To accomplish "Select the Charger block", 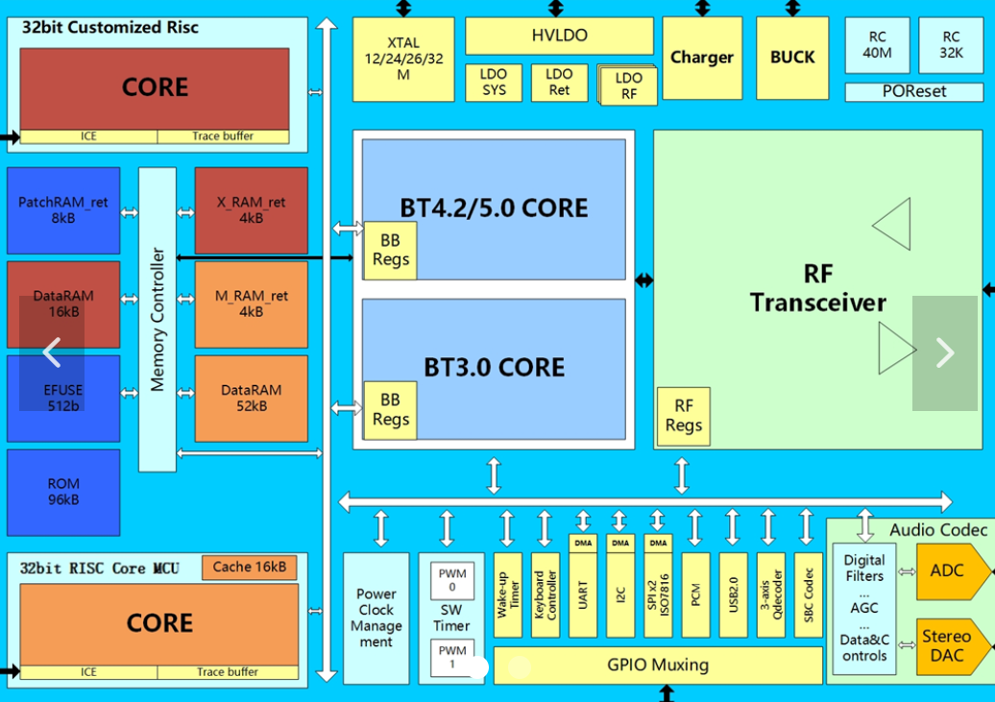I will pos(701,58).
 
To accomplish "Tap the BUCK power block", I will pos(791,58).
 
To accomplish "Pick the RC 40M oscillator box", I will pos(877,45).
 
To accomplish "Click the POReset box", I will pos(913,92).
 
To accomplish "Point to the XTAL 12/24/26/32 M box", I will pos(402,59).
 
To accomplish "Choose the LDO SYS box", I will pos(494,83).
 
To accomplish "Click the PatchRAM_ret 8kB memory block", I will pos(63,210).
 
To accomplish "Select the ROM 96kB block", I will pos(63,492).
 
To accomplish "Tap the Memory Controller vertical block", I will pos(158,319).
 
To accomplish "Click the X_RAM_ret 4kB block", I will pos(251,210).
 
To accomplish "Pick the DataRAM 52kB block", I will pos(251,398).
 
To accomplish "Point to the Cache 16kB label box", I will pos(249,567).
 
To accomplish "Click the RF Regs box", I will pos(683,416).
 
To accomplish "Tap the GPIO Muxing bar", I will pos(658,665).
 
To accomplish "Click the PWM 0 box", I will pos(451,580).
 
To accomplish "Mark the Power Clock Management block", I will pos(376,617).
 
